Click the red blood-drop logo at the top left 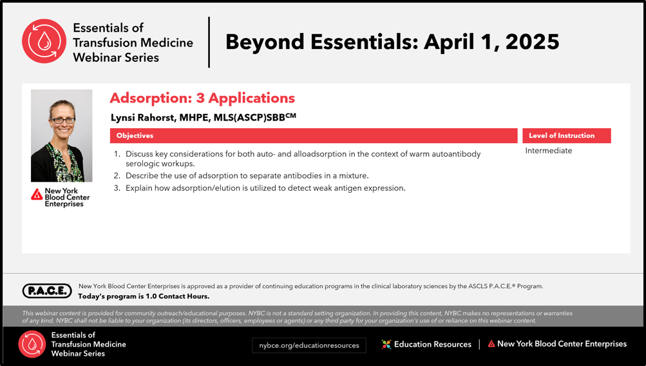point(44,41)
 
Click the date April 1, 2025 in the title point(491,42)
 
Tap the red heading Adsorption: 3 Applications point(202,98)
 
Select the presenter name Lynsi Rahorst point(142,118)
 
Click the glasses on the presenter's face point(62,120)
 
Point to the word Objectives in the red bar point(135,135)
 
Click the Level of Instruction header point(562,135)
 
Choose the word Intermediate point(548,150)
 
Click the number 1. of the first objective point(117,154)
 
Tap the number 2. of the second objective point(117,175)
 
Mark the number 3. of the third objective point(117,188)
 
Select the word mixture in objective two point(354,175)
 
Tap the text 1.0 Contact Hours point(178,296)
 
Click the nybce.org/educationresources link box point(309,345)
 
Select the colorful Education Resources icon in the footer point(386,344)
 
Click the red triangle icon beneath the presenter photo point(37,194)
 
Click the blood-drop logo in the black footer point(32,344)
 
